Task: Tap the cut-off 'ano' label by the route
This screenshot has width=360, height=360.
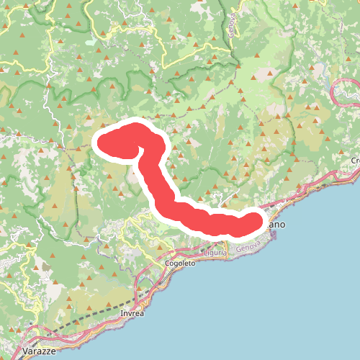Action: [x=276, y=225]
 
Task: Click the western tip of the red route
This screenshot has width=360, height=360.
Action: [x=102, y=141]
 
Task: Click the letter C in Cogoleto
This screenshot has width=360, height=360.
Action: [x=166, y=264]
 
